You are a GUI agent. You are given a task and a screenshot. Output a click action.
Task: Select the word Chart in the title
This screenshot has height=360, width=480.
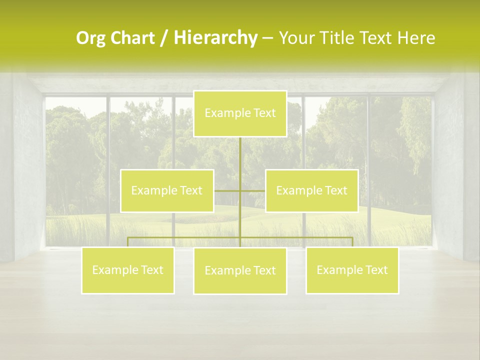(x=131, y=38)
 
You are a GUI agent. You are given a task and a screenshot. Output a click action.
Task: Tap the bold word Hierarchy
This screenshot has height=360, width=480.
(x=215, y=38)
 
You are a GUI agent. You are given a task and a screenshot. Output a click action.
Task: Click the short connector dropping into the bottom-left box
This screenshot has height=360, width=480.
(x=128, y=242)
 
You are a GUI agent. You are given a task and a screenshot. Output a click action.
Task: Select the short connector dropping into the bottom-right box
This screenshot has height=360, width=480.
(x=352, y=242)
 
